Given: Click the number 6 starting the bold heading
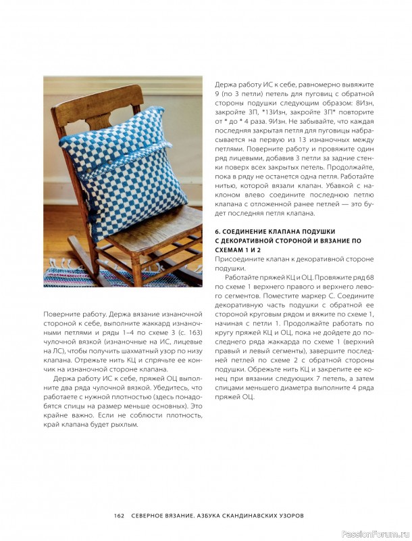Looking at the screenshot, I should coord(216,231).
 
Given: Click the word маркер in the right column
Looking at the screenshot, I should coord(326,306).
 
